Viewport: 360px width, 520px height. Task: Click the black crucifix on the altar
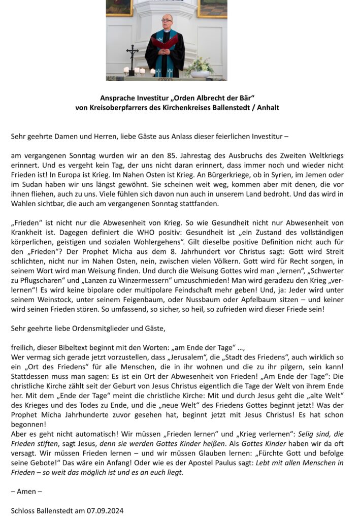[133, 57]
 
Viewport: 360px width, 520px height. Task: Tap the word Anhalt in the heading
[267, 108]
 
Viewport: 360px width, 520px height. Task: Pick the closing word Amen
[26, 492]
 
